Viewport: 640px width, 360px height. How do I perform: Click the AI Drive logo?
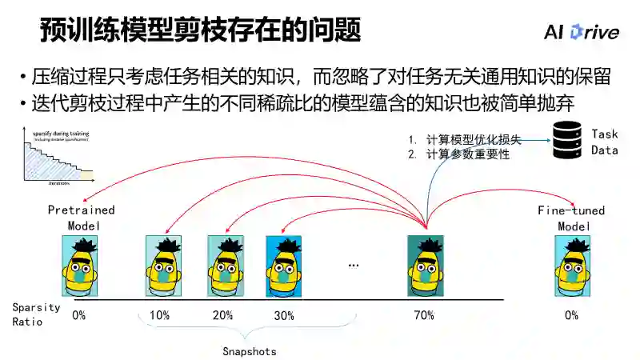581,31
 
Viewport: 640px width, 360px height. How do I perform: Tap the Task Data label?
604,142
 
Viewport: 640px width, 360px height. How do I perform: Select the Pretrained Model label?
81,218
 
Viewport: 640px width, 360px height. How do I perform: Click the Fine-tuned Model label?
571,218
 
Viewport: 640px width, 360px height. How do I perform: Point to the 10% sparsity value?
159,315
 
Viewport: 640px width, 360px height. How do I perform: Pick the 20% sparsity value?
222,315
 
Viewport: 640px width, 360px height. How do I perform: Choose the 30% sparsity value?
284,315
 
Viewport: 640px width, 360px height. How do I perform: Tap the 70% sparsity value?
424,315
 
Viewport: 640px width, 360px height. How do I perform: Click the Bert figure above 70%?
426,266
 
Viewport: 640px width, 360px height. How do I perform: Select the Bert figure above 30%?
283,266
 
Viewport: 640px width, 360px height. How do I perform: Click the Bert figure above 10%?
163,266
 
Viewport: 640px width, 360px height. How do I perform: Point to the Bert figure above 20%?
225,266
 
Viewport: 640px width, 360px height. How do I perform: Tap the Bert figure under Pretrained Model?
79,266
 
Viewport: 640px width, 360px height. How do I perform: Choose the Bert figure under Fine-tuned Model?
571,266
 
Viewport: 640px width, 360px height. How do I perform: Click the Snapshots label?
249,350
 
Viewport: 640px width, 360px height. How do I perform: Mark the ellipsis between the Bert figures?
354,265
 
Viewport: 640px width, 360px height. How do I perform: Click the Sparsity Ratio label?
30,314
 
